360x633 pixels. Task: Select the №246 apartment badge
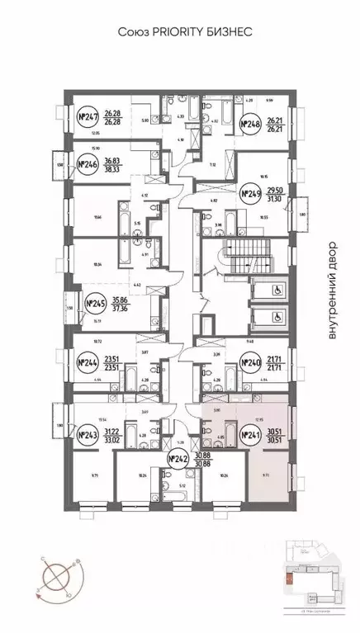click(88, 164)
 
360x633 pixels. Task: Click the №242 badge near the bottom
click(177, 459)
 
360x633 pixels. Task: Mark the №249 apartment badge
click(250, 195)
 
